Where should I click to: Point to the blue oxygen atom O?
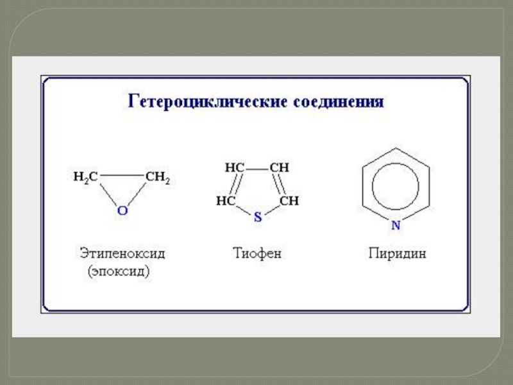point(122,210)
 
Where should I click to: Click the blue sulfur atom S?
point(258,217)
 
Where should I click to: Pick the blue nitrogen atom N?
point(396,225)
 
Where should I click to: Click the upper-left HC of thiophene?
point(235,167)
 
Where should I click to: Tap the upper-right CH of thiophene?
point(280,167)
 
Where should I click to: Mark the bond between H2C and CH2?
point(122,175)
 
